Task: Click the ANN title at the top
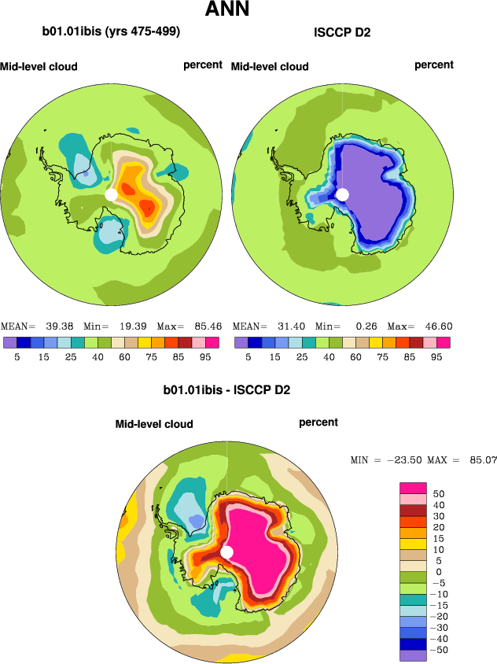(x=227, y=10)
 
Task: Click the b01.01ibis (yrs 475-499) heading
(x=112, y=32)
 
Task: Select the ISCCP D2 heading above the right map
(x=342, y=32)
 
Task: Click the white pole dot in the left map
(x=111, y=194)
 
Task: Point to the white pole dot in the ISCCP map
(x=342, y=194)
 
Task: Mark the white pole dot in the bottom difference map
(x=227, y=552)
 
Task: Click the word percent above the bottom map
(x=318, y=422)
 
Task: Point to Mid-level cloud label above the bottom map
(x=154, y=424)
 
